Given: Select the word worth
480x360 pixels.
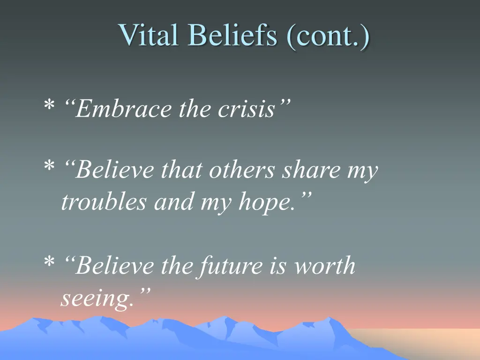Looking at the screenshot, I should tap(324, 266).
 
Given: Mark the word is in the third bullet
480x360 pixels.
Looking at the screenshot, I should tap(279, 266).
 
